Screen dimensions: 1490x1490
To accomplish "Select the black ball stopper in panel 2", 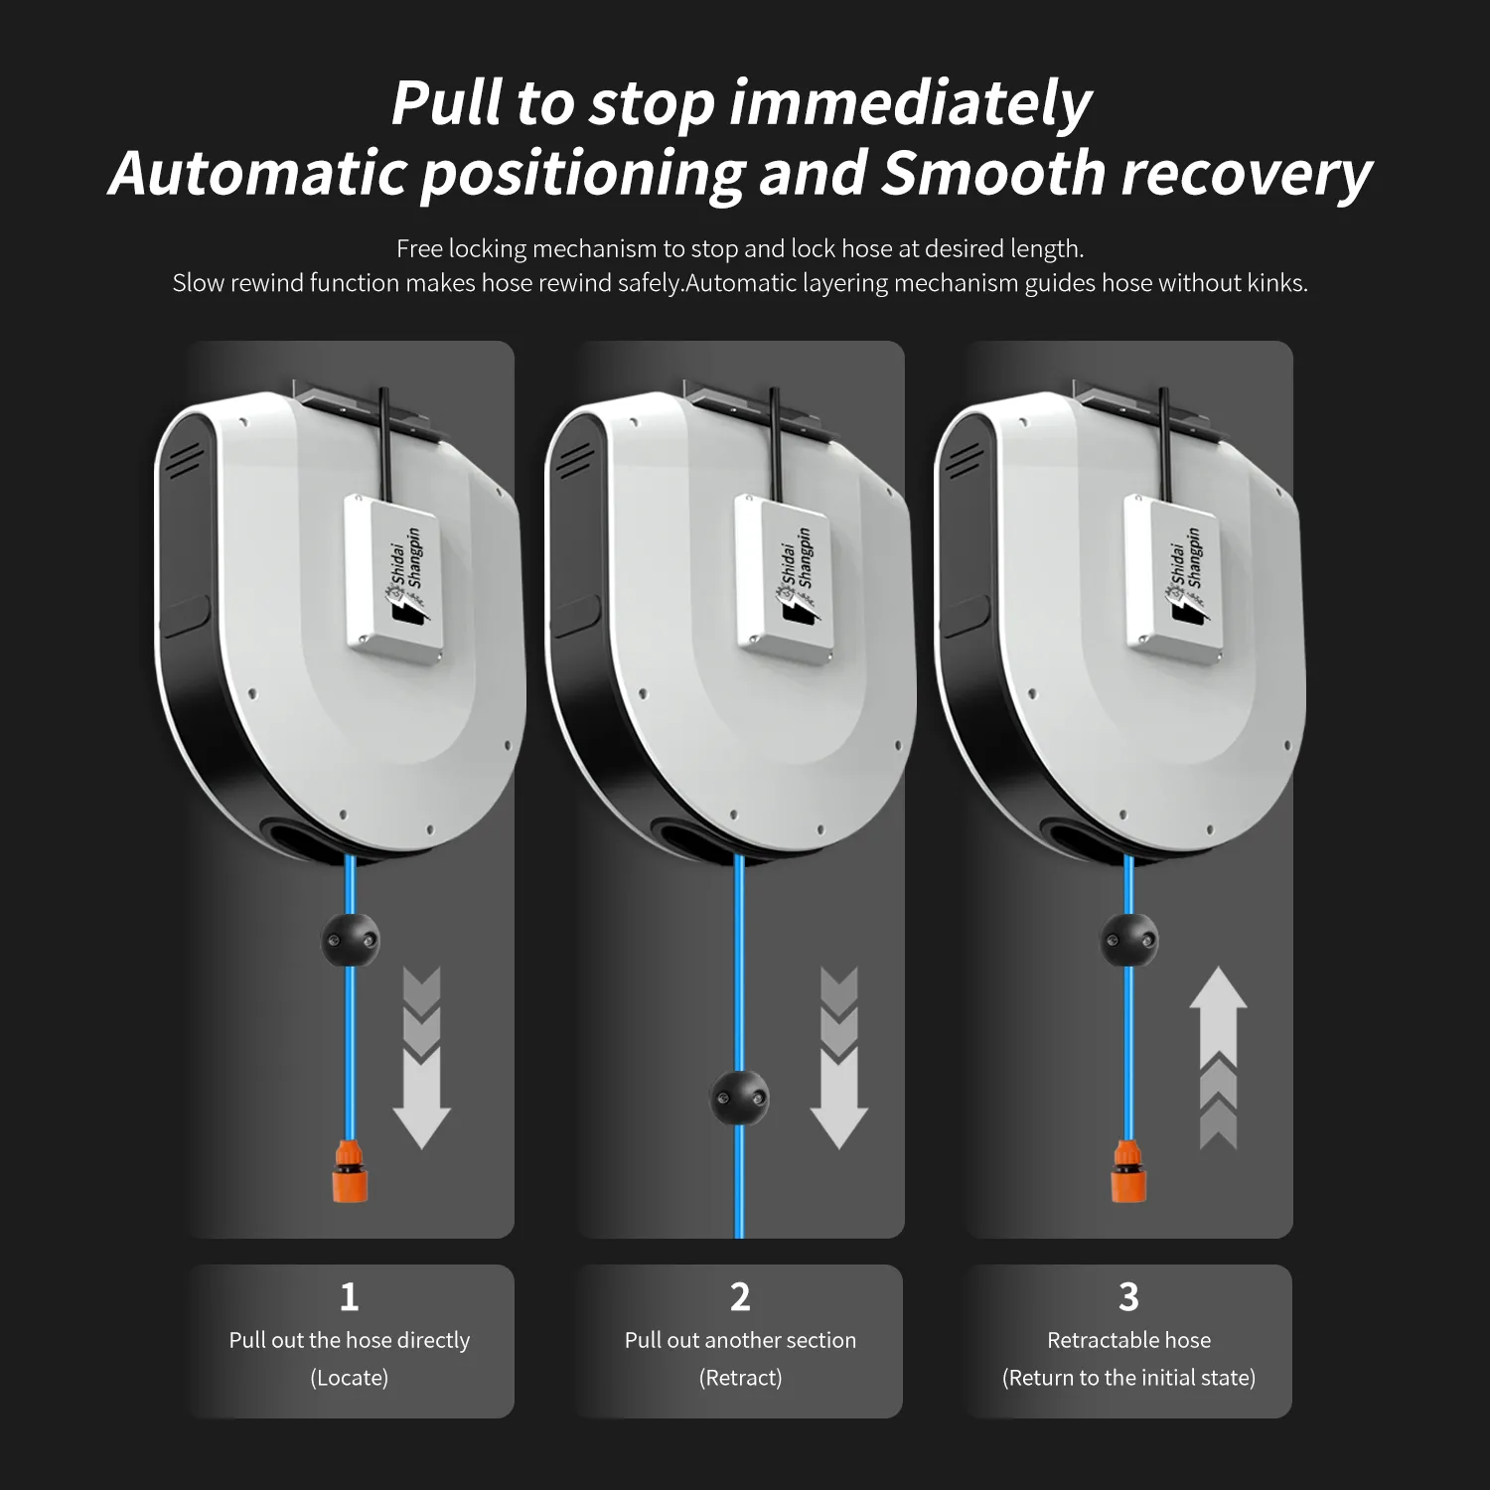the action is [740, 1097].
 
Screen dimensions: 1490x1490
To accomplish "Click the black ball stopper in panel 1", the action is [350, 940].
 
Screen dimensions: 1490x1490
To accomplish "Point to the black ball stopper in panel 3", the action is [1130, 940].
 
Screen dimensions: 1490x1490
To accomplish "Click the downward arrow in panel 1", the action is [422, 1059].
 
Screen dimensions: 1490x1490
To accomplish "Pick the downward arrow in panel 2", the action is [839, 1059].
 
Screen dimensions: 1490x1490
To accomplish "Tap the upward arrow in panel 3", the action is [1218, 1059].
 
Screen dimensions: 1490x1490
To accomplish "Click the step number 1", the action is [349, 1297].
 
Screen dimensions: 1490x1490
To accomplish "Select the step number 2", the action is [740, 1297].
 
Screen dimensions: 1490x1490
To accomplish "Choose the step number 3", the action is [1128, 1297].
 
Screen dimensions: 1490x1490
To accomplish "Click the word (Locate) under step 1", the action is [350, 1378].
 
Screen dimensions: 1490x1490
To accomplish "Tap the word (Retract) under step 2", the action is [740, 1378].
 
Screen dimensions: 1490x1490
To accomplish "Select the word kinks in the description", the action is [1277, 283].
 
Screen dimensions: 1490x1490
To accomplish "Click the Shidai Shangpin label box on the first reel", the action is [394, 576].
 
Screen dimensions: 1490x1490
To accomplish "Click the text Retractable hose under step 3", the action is [1129, 1340].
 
